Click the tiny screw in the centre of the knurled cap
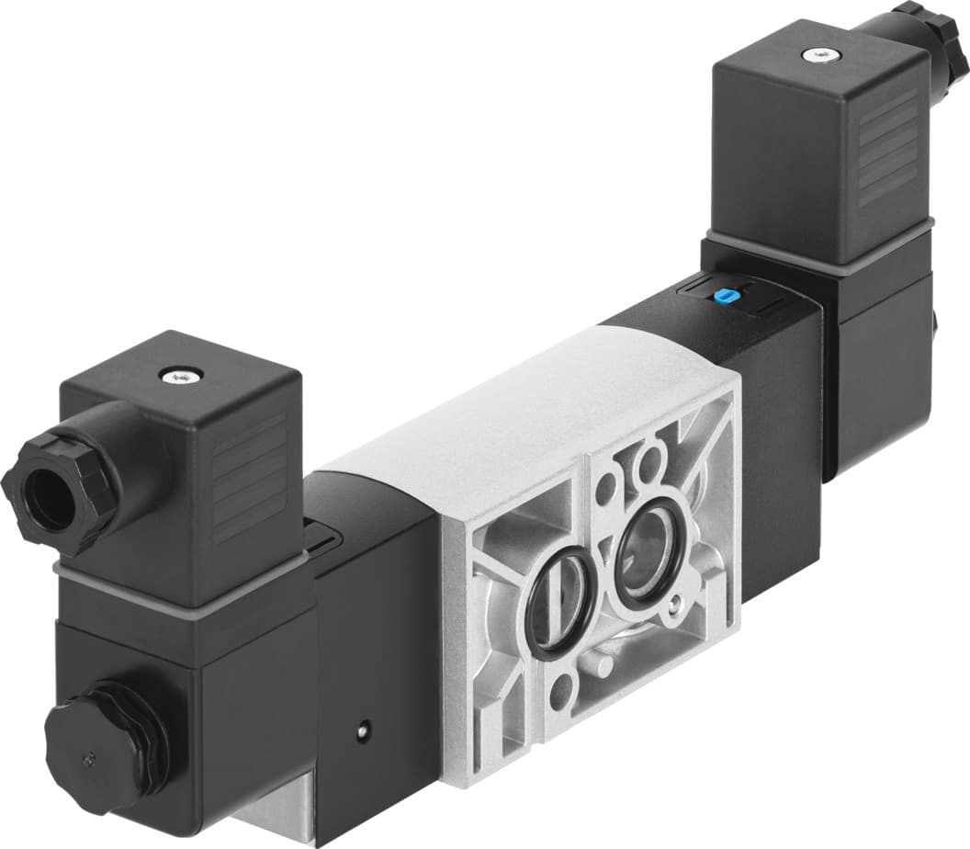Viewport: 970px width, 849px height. tap(88, 759)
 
